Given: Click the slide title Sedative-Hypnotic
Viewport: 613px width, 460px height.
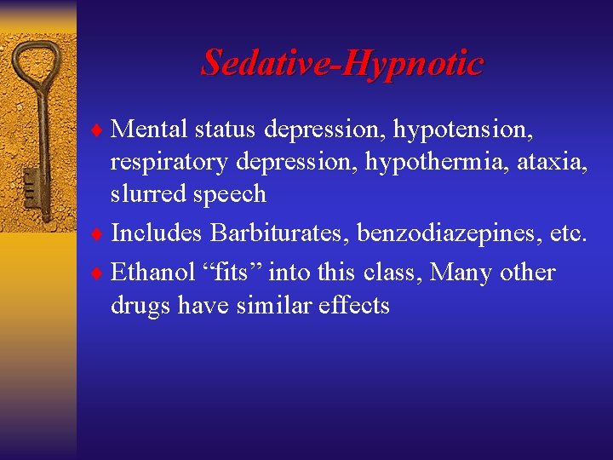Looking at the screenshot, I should coord(341,63).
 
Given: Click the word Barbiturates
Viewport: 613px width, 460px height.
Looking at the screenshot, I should coord(278,233).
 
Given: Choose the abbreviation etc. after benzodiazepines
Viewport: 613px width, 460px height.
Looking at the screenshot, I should coord(567,233).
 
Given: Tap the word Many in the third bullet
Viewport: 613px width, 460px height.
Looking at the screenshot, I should coord(461,273).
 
